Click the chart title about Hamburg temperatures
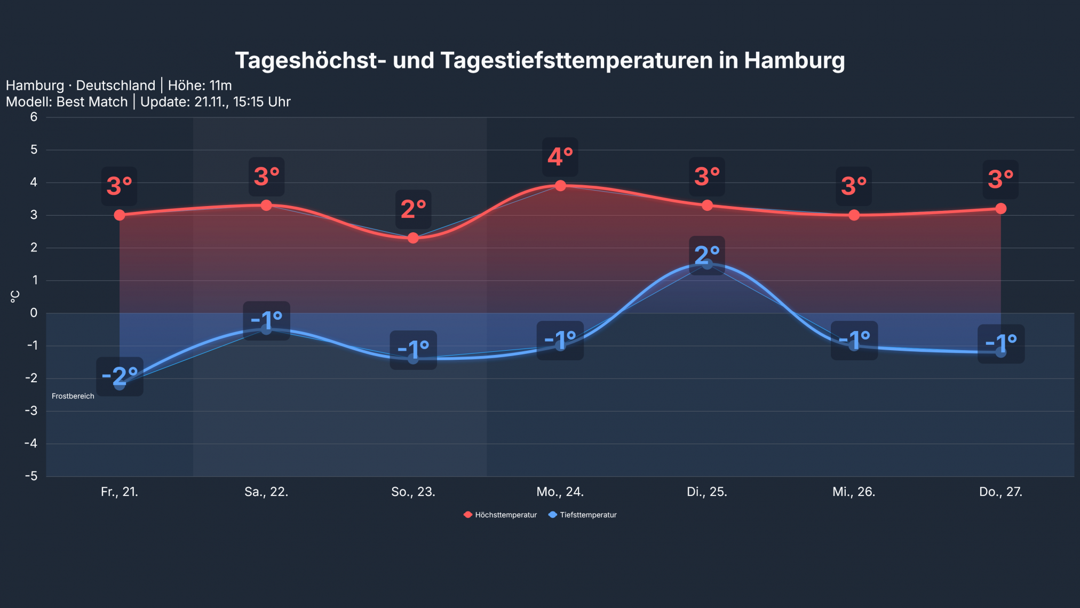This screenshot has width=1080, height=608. (x=540, y=60)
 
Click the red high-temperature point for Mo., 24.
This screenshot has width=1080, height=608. (x=560, y=186)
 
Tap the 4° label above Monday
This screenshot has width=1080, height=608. (x=560, y=157)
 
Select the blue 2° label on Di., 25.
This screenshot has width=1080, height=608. (x=707, y=255)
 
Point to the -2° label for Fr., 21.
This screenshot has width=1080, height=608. (x=120, y=376)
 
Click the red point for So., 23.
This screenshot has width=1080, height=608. (x=413, y=238)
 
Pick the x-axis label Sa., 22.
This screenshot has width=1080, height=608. (x=266, y=492)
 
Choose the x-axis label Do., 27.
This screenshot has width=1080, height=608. (x=1000, y=492)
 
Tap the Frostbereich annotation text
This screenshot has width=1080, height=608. (x=73, y=396)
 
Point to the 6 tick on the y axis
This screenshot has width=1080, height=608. (x=34, y=117)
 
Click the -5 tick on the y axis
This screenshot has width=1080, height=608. (x=31, y=476)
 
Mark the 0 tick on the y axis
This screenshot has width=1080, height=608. (x=34, y=313)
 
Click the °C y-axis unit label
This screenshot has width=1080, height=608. (x=15, y=296)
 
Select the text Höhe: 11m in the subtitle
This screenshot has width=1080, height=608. (x=200, y=85)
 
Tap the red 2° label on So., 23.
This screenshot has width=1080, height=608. (x=413, y=209)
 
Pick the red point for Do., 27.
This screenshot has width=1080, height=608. (x=1000, y=208)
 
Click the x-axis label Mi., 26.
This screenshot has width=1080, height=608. (x=854, y=492)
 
